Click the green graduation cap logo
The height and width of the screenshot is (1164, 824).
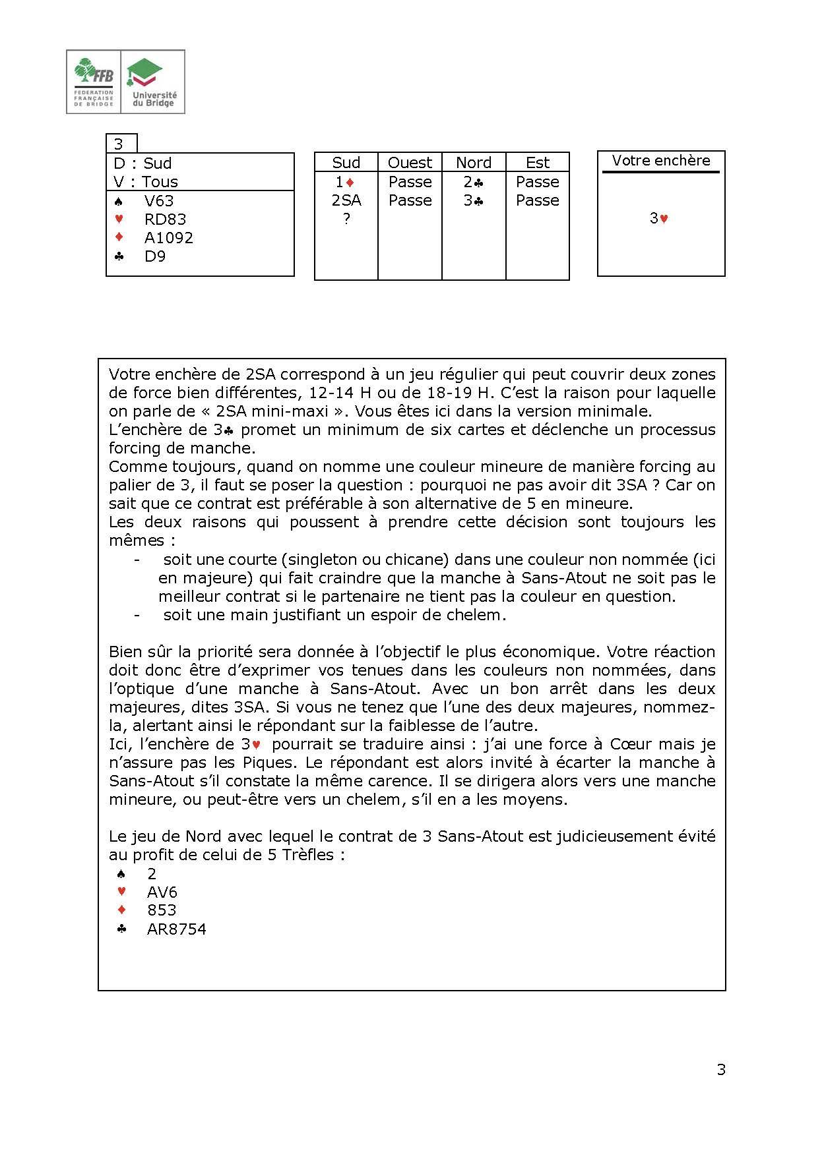point(146,72)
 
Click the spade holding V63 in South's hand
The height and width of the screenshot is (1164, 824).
point(158,201)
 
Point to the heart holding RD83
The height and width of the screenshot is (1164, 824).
point(165,219)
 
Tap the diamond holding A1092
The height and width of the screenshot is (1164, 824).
point(168,238)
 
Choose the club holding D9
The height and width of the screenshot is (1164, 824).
point(154,256)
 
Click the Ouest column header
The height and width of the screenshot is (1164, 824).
point(410,163)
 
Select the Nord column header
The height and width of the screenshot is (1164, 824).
point(474,163)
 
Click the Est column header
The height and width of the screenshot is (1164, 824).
point(538,163)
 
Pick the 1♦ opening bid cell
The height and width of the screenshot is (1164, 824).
point(346,182)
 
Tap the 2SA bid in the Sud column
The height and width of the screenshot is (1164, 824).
point(346,200)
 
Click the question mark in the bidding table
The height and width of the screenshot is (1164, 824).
point(346,219)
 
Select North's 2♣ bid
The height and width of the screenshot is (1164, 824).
point(474,182)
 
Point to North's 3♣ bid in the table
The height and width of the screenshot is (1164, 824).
point(474,200)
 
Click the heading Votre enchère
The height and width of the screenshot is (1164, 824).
point(660,161)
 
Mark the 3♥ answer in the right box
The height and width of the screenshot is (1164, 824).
point(659,219)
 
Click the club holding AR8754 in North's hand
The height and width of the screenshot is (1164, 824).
point(176,929)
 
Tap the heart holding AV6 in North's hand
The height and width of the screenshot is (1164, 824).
point(162,892)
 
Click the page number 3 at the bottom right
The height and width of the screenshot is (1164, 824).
point(721,1070)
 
